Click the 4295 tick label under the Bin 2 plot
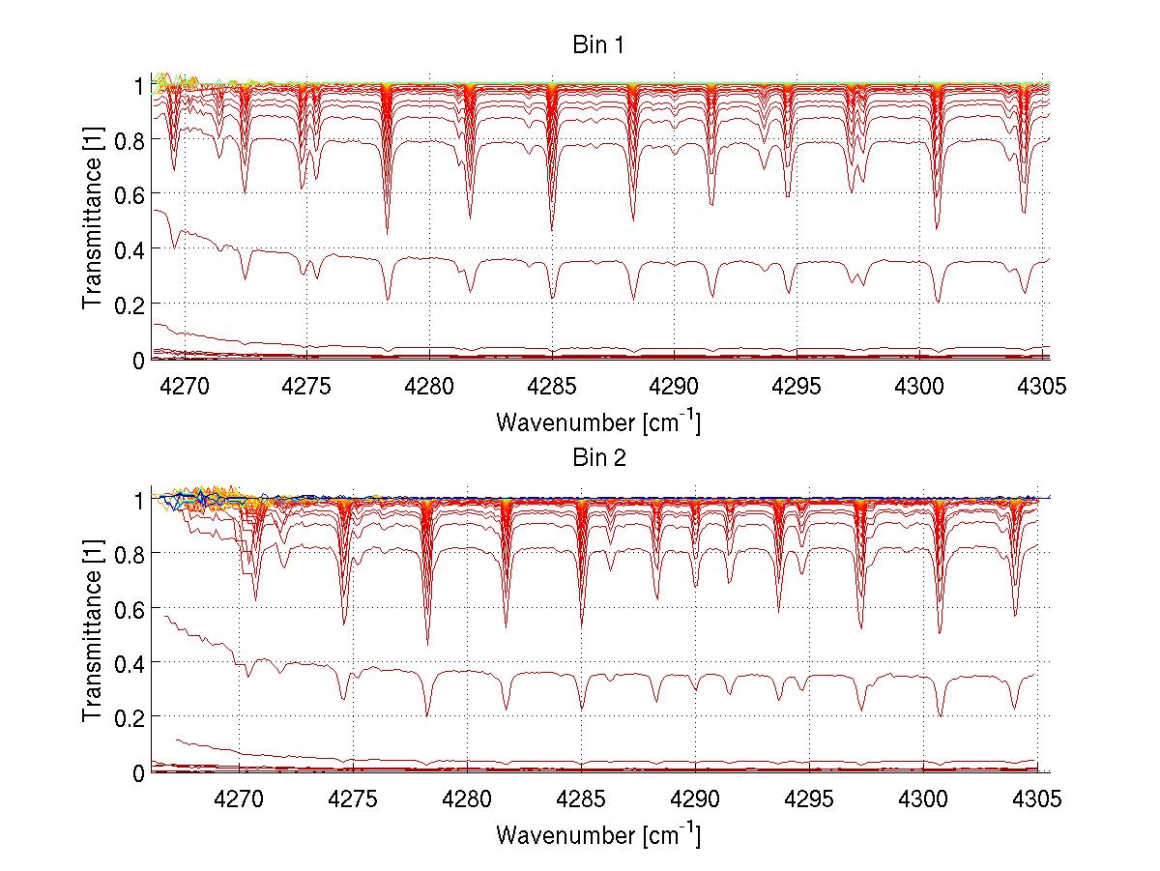pyautogui.click(x=809, y=800)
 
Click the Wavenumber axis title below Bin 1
pyautogui.click(x=598, y=421)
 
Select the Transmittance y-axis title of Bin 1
pyautogui.click(x=93, y=220)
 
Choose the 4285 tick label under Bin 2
pyautogui.click(x=581, y=800)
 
